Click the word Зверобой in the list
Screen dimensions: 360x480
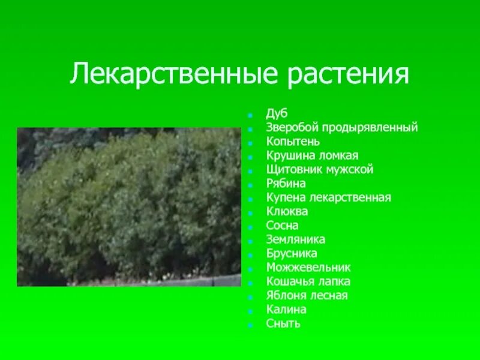pyautogui.click(x=293, y=128)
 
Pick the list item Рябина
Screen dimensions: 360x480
pyautogui.click(x=286, y=184)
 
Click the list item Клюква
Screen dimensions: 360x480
pyautogui.click(x=287, y=211)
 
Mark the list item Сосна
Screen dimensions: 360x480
pyautogui.click(x=283, y=226)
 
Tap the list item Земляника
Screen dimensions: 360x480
pyautogui.click(x=296, y=239)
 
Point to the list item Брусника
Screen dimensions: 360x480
pyautogui.click(x=292, y=253)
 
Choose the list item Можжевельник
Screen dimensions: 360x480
pyautogui.click(x=308, y=268)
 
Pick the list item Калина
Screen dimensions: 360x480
pyautogui.click(x=286, y=310)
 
